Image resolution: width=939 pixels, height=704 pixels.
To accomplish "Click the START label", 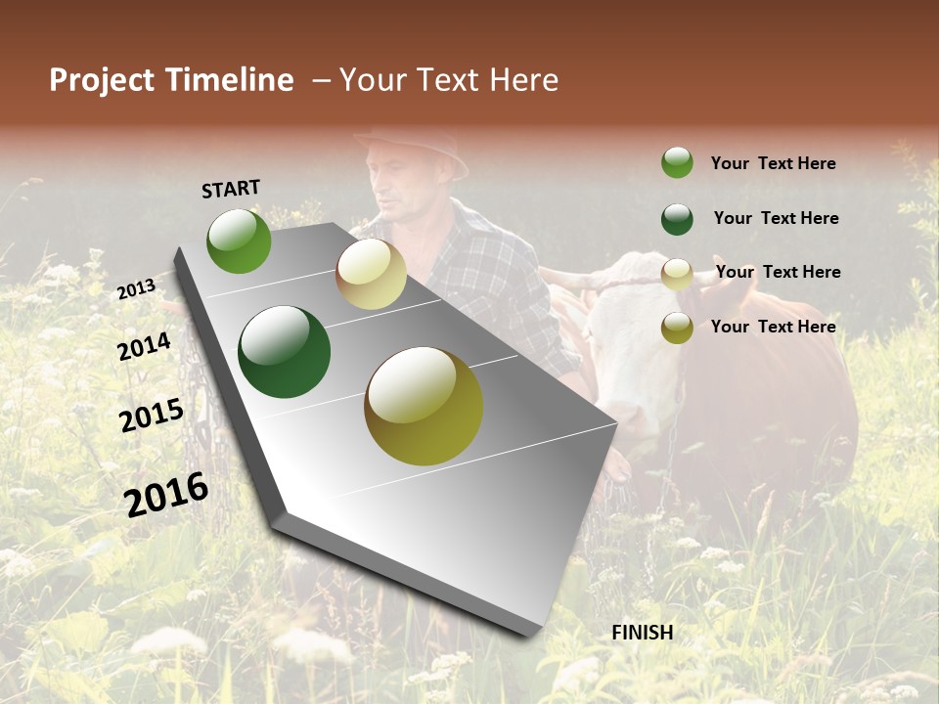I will tap(231, 189).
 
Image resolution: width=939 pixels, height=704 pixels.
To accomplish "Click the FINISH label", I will tap(642, 633).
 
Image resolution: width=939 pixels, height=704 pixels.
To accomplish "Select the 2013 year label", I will tap(136, 288).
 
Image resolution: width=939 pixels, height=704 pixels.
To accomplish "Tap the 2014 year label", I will tap(144, 346).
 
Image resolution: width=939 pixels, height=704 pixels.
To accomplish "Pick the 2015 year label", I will tap(151, 416).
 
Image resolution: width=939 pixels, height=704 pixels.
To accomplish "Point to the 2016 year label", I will tap(166, 494).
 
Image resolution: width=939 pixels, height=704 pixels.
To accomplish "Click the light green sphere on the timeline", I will tap(239, 241).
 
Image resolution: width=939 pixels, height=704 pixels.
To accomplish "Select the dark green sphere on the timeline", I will tap(284, 352).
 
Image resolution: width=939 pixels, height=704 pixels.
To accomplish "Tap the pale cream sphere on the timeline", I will tap(371, 274).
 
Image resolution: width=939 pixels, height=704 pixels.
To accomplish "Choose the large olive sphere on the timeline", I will tap(424, 406).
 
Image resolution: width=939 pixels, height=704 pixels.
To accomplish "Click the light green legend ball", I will tap(677, 162).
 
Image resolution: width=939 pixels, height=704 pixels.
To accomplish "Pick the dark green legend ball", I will tap(677, 219).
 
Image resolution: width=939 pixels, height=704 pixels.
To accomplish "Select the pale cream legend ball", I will tap(677, 274).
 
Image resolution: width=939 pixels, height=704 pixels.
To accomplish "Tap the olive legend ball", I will tap(677, 328).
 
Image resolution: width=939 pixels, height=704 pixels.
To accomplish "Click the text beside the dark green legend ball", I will tap(776, 218).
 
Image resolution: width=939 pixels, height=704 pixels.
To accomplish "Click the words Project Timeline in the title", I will tap(171, 80).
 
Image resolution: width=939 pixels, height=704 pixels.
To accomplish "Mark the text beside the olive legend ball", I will tap(773, 327).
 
